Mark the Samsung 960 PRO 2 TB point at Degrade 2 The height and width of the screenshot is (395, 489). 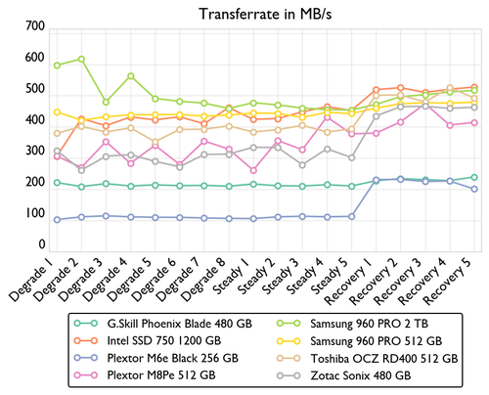pyautogui.click(x=81, y=60)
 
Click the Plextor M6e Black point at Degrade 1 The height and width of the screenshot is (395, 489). pyautogui.click(x=57, y=220)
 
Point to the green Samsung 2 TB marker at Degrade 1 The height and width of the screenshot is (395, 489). pyautogui.click(x=57, y=66)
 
